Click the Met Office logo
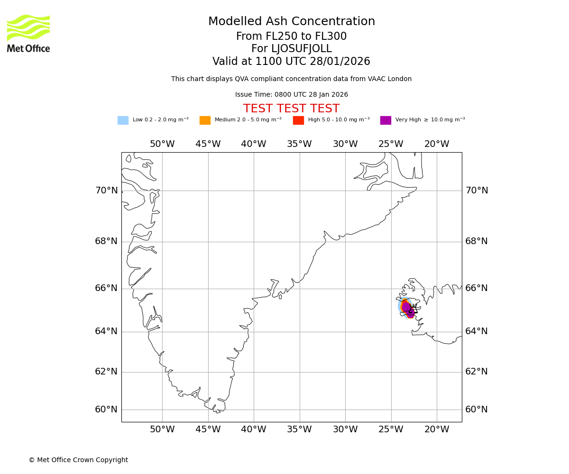(x=28, y=33)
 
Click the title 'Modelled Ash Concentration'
(x=291, y=22)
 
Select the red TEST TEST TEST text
(x=291, y=109)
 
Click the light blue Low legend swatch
(x=123, y=120)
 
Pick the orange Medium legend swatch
(x=205, y=120)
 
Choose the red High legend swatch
(x=298, y=120)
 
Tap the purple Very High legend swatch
(x=385, y=120)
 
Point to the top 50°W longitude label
(x=162, y=144)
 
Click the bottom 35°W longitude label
(x=299, y=429)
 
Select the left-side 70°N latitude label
(x=106, y=191)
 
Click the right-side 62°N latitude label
(x=476, y=372)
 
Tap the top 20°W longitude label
(x=436, y=144)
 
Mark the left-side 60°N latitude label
(x=106, y=410)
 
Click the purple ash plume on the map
(x=407, y=308)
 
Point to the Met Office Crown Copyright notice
(x=78, y=460)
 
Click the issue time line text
(x=291, y=95)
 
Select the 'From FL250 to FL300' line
(x=291, y=36)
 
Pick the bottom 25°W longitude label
(x=391, y=429)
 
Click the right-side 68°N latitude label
(x=476, y=241)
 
